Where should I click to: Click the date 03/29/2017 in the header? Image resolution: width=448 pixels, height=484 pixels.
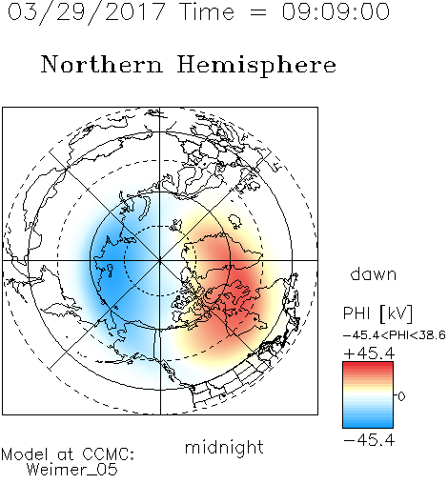click(87, 12)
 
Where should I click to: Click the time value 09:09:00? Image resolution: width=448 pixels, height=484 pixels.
click(336, 11)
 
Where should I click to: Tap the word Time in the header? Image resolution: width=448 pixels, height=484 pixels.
click(207, 11)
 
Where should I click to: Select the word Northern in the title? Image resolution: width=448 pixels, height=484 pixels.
click(102, 64)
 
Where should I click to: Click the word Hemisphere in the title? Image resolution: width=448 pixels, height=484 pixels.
click(256, 66)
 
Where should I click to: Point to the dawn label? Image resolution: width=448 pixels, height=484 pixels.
click(374, 273)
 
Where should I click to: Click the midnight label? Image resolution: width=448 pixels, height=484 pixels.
click(224, 447)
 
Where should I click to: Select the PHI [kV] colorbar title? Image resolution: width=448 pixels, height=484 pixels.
click(377, 313)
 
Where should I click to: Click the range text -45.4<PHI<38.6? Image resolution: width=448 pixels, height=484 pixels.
click(395, 335)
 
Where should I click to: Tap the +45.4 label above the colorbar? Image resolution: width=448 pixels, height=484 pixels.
click(369, 353)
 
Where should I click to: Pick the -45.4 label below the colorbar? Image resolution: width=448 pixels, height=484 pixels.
click(369, 440)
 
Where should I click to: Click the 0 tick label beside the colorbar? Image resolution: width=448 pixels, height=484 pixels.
click(401, 396)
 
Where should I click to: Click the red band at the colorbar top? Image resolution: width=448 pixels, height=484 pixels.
click(368, 367)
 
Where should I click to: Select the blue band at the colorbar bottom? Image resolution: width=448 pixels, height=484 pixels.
click(368, 423)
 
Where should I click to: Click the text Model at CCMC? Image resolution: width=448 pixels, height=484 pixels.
click(68, 454)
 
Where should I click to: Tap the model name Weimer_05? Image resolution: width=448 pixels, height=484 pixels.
click(72, 470)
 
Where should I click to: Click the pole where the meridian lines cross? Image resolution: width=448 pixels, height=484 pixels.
click(160, 260)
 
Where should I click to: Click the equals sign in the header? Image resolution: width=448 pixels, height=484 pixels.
click(258, 12)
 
